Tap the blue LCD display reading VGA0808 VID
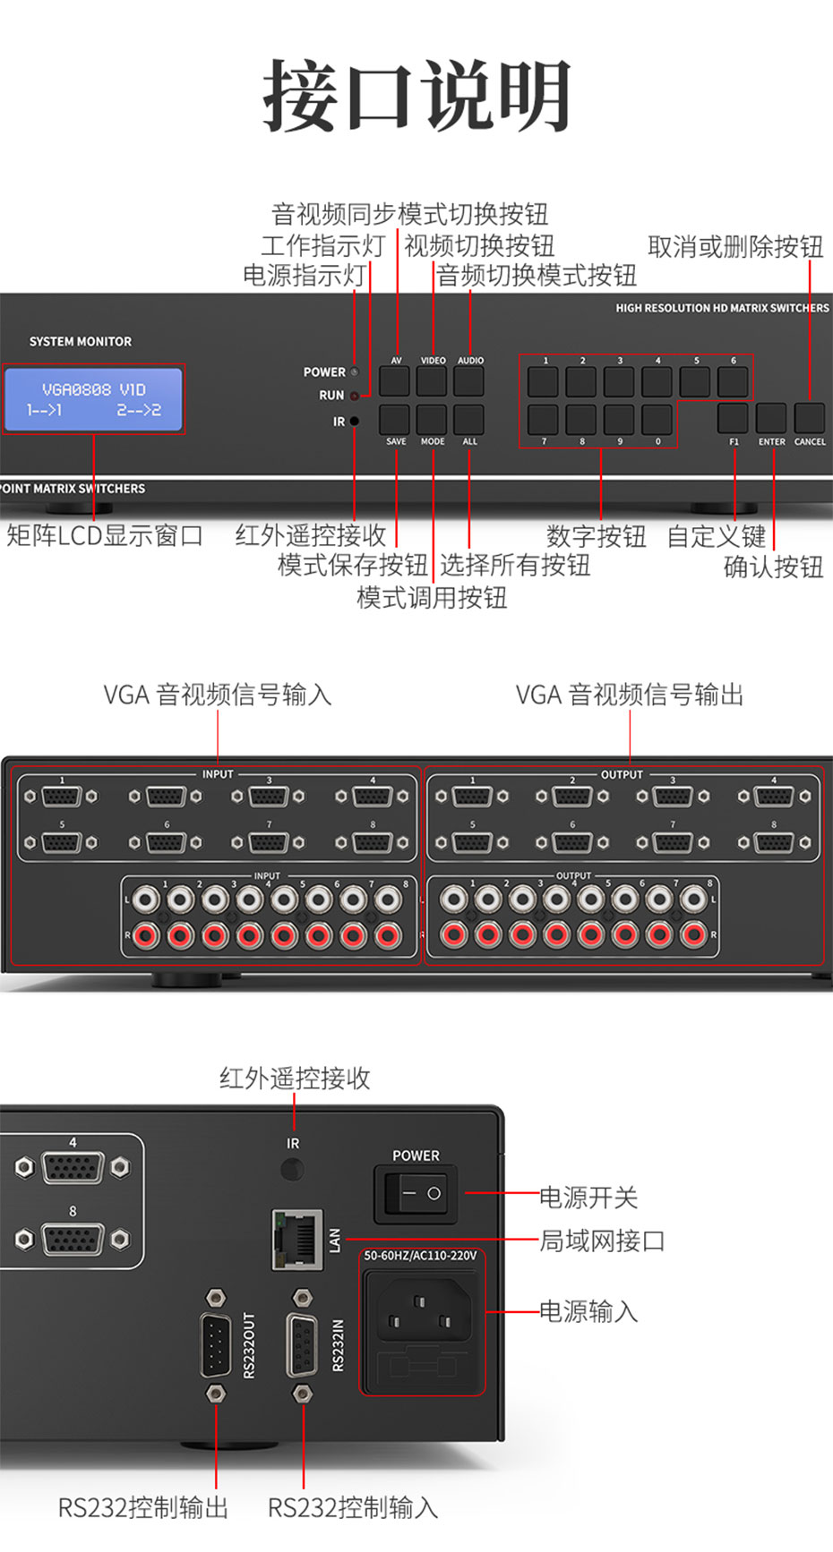click(x=94, y=399)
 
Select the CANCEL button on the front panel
click(x=810, y=418)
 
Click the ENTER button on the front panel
click(x=771, y=418)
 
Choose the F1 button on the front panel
click(x=733, y=418)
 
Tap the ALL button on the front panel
click(x=468, y=419)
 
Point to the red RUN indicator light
click(x=355, y=395)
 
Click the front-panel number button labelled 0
click(x=657, y=419)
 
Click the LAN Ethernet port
click(x=298, y=1240)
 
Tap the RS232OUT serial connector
click(x=216, y=1344)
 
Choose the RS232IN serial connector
click(x=303, y=1344)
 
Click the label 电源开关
click(x=588, y=1197)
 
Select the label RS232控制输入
click(x=353, y=1508)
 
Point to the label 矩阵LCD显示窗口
click(x=105, y=535)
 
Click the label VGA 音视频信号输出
click(x=630, y=695)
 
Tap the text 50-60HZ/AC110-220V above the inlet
click(x=420, y=1256)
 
